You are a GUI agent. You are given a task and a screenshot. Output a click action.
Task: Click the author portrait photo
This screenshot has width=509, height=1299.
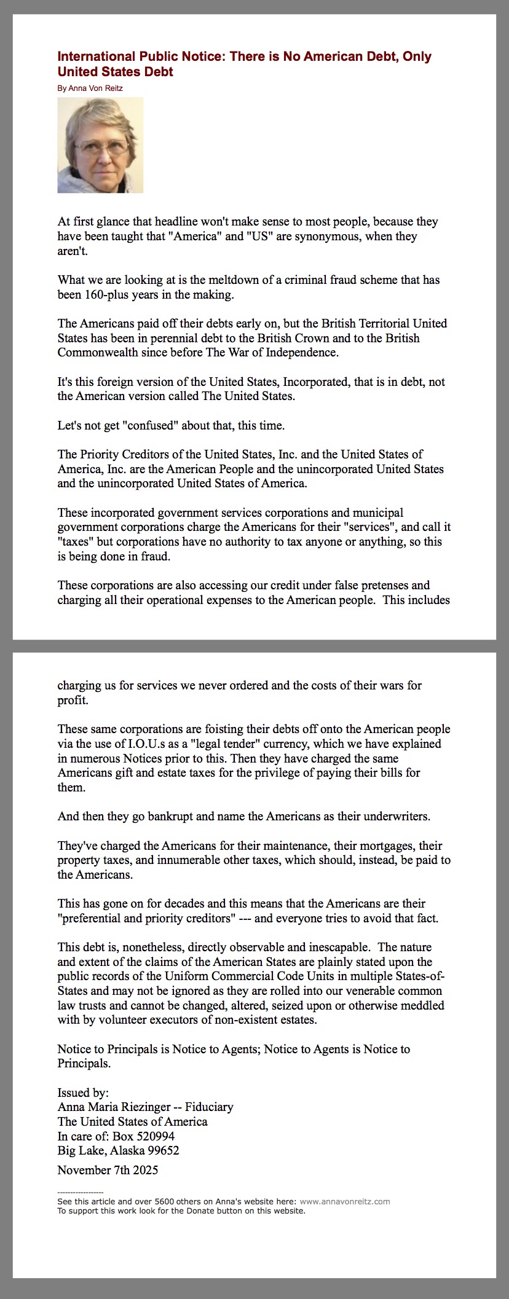coord(100,145)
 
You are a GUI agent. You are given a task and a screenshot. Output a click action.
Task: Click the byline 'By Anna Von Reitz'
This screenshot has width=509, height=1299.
coord(90,88)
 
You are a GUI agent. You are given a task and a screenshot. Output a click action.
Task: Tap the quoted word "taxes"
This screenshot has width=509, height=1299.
coord(76,541)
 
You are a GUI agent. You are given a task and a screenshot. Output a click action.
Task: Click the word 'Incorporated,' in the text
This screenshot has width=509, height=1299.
coord(315,382)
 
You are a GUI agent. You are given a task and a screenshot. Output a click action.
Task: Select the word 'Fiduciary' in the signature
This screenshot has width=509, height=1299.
coord(209,1107)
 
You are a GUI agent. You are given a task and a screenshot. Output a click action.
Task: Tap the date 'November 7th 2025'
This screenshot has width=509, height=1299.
coord(108,1169)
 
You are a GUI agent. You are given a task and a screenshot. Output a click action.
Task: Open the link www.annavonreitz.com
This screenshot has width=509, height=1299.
coord(345,1201)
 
